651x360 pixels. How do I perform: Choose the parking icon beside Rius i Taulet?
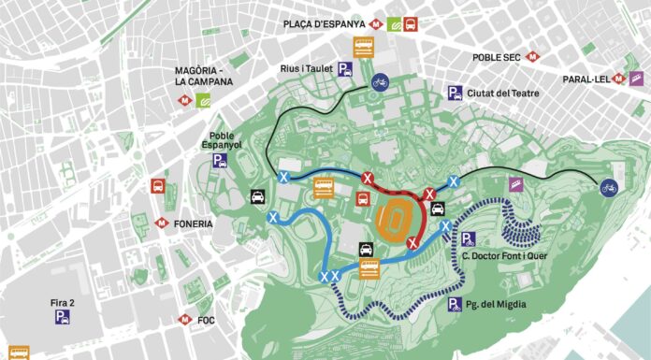tap(345, 67)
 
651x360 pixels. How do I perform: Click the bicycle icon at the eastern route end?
tap(609, 187)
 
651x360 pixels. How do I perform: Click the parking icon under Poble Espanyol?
tap(221, 160)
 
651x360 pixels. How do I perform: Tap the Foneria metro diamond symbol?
tap(161, 224)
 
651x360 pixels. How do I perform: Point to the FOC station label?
tap(207, 321)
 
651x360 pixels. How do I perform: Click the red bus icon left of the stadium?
tap(361, 197)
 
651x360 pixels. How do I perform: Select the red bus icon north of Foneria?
tap(159, 186)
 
